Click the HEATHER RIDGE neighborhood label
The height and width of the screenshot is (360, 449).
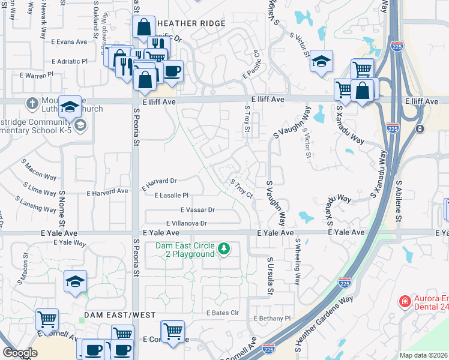pos(190,23)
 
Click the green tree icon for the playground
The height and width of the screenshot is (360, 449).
pos(224,248)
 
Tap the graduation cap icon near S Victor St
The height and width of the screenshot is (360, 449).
pos(321,61)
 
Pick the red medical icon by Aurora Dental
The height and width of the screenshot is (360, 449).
pos(405,300)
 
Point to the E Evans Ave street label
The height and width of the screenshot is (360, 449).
pos(69,42)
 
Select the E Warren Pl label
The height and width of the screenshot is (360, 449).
pos(37,76)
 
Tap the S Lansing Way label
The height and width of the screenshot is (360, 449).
pos(37,204)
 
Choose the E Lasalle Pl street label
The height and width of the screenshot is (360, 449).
pos(171,196)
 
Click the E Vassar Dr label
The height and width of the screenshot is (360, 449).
pos(197,210)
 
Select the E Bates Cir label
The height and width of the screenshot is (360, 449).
pos(222,313)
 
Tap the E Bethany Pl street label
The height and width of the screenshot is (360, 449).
pos(272,318)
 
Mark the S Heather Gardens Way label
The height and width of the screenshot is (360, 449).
pos(324,324)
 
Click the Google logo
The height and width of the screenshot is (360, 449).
pos(20,353)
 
